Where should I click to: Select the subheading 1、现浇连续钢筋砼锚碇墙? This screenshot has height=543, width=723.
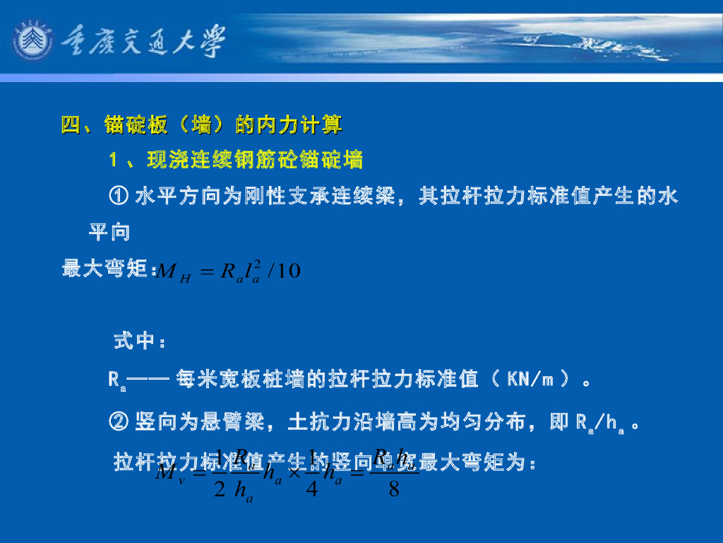coord(236,161)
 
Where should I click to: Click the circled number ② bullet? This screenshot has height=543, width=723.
coord(119,423)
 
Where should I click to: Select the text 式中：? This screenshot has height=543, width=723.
coord(140,342)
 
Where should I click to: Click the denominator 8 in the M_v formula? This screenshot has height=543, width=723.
coord(394,488)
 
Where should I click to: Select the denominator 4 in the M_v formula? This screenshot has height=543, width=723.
coord(311,488)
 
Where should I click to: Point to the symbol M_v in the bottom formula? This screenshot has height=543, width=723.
coord(170,472)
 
